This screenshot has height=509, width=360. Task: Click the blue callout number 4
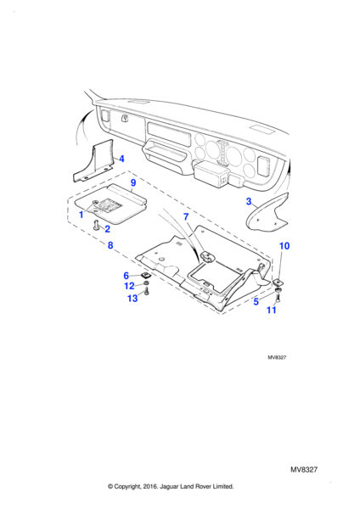coord(121,159)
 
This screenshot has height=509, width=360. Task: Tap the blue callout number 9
coord(133,182)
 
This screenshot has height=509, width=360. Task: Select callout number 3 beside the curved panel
coord(249,202)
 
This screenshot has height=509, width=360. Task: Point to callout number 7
coord(186,216)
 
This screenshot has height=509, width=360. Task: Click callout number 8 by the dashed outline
coord(110,245)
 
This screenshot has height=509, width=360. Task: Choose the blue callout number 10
coord(284,246)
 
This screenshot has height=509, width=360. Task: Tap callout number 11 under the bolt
coord(272,310)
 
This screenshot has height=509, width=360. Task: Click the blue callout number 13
coord(132,298)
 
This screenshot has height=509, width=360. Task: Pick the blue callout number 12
coord(129,286)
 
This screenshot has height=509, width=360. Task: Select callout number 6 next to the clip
coord(127,276)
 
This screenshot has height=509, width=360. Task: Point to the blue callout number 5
coord(256,301)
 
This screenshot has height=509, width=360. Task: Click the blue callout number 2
coord(107,229)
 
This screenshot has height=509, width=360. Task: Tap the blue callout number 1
coord(82,215)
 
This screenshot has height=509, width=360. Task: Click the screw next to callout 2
coord(96,225)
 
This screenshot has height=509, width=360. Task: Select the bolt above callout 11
coord(278,297)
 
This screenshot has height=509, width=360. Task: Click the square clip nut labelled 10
coord(278,281)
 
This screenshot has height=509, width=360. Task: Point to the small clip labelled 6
coord(144,277)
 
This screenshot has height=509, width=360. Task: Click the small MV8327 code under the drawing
coord(277,357)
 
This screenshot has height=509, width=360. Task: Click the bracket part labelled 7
coord(206,256)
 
